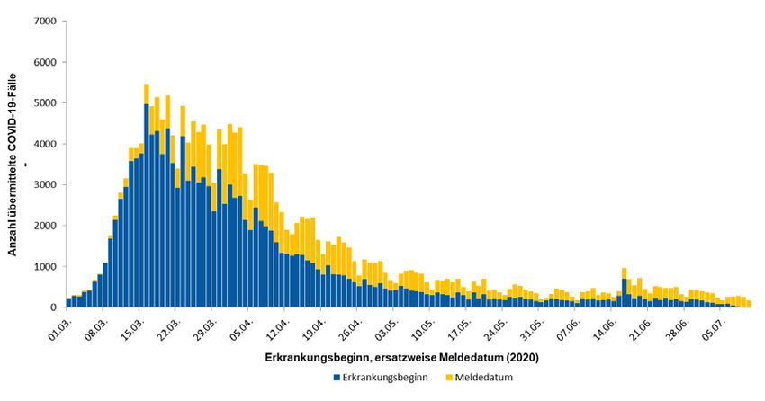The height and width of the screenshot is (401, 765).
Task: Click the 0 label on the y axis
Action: pos(53,307)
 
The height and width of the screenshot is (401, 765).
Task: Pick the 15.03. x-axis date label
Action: pos(131,325)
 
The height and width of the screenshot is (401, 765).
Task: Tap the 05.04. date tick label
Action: pos(241,325)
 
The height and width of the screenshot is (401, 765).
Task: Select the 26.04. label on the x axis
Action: pos(351,325)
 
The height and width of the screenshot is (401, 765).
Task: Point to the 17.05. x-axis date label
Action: pos(461,325)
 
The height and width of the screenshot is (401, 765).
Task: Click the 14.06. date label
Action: pos(607,325)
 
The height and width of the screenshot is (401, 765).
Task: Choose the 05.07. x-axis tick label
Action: pos(717,325)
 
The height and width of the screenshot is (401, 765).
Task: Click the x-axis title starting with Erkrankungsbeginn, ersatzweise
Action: pos(401,358)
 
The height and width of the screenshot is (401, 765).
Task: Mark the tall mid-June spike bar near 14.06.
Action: pos(624,288)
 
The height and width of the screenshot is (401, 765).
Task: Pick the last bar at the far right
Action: pos(749,304)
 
